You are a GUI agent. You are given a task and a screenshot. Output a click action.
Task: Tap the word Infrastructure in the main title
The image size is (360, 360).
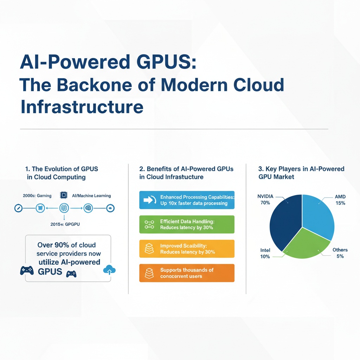[x=82, y=107]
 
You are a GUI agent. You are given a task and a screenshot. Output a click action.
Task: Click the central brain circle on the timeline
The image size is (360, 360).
[x=64, y=208]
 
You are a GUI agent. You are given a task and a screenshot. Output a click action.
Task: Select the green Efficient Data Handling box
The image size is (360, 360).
[x=187, y=224]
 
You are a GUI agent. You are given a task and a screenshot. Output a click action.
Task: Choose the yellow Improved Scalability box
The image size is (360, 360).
[x=187, y=249]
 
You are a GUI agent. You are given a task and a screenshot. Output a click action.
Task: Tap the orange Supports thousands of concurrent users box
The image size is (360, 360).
[x=187, y=273]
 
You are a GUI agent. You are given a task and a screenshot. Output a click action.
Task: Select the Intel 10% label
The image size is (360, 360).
[x=265, y=253]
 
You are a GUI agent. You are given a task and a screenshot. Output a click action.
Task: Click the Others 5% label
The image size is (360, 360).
[x=340, y=253]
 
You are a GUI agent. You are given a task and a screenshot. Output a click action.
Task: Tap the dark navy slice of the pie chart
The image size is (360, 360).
[x=285, y=221]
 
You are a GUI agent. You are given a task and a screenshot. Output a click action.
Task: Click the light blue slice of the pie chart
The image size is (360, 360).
[x=318, y=214]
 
